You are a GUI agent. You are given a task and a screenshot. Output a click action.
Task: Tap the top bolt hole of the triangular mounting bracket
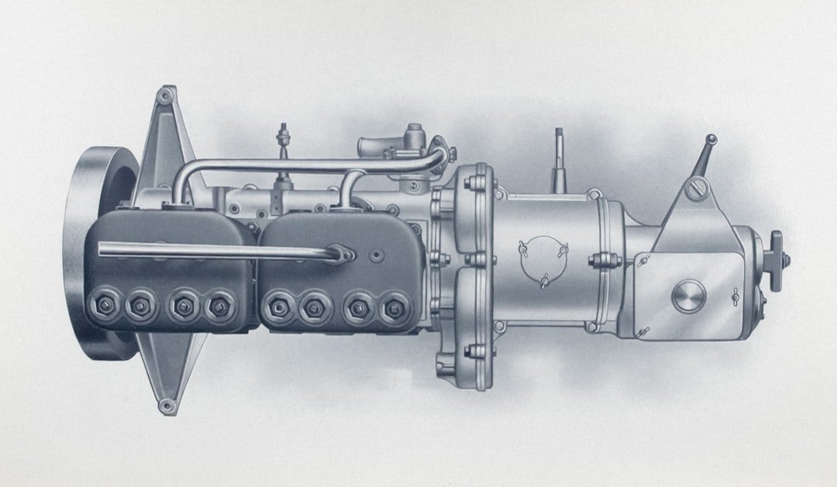(x=164, y=98)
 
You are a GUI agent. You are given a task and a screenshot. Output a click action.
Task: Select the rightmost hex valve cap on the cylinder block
(x=393, y=308)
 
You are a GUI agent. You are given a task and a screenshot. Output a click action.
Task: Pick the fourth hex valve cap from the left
(x=219, y=307)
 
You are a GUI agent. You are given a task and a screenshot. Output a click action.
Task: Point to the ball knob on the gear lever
(x=710, y=139)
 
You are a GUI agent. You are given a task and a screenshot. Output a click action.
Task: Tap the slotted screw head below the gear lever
(x=697, y=187)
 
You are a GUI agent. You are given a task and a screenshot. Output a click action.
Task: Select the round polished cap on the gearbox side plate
(x=688, y=295)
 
